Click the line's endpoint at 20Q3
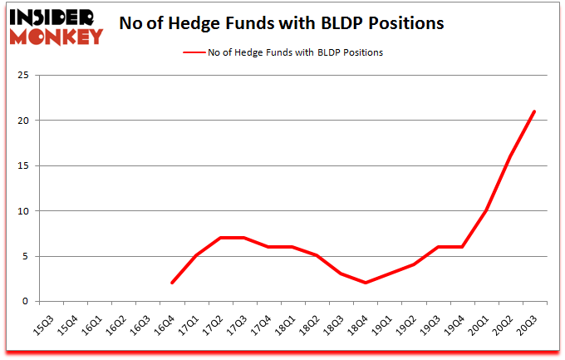(534, 111)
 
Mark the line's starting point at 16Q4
(171, 283)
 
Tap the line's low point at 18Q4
(365, 283)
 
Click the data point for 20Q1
(486, 211)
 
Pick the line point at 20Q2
(510, 157)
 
